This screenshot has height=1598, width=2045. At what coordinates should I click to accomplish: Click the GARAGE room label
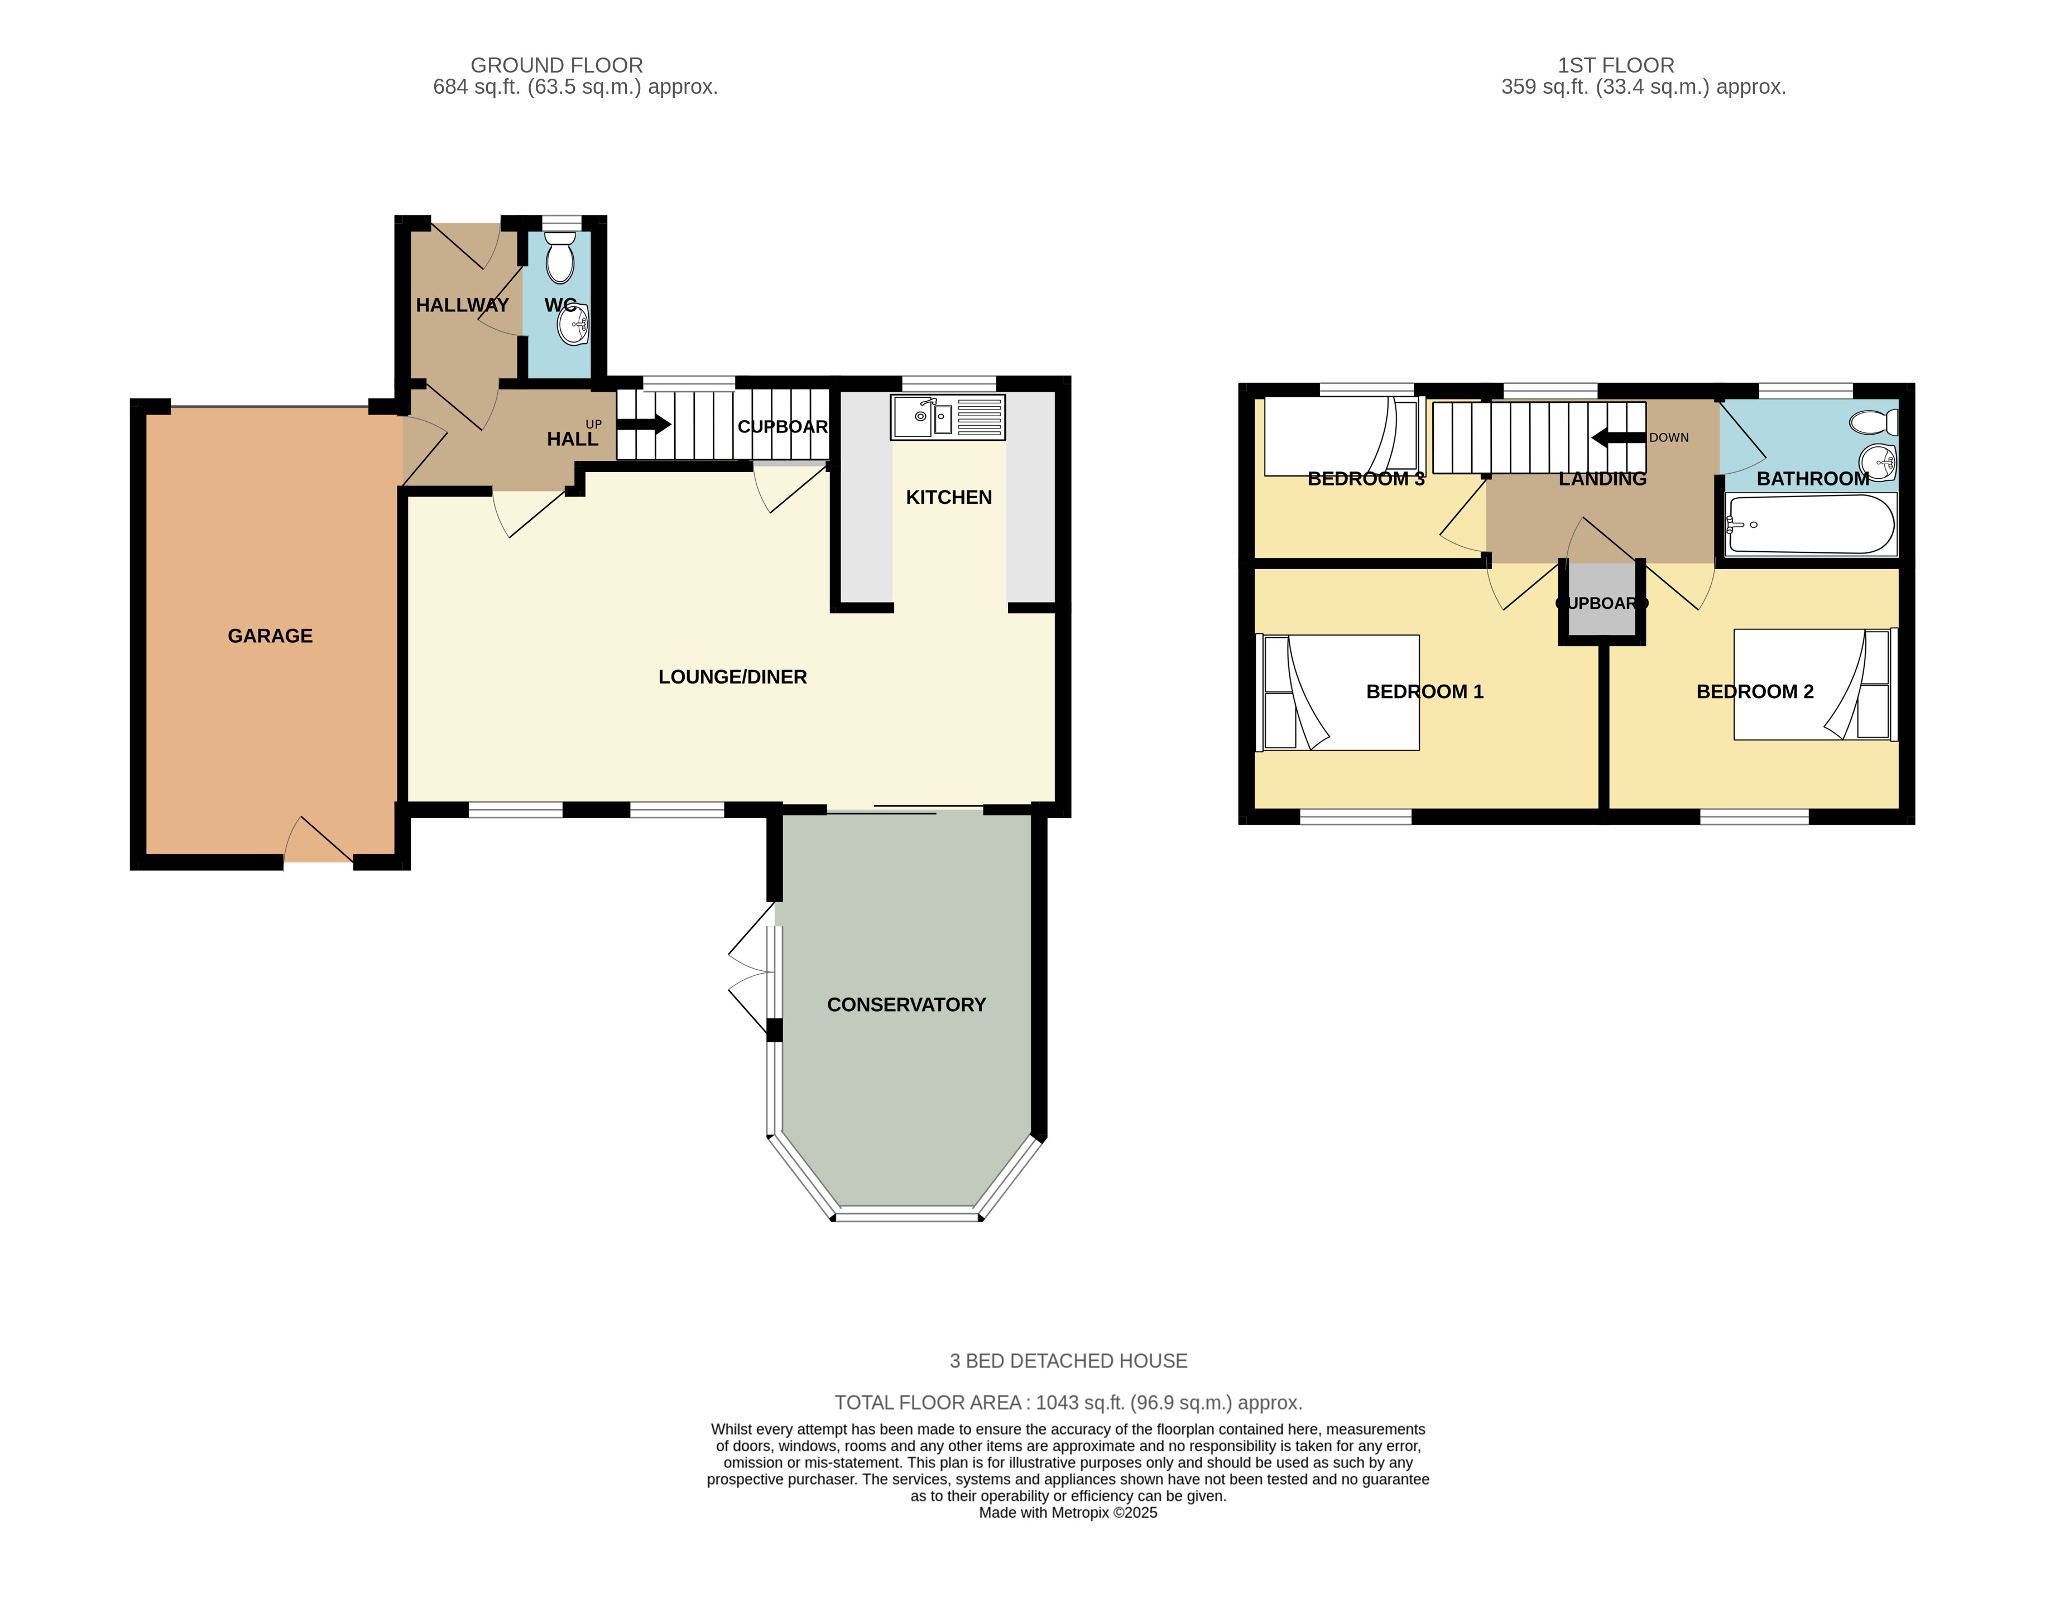tap(270, 636)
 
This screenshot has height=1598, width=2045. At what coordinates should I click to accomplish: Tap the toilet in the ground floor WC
tap(560, 257)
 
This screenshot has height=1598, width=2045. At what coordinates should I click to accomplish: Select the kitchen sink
tap(948, 417)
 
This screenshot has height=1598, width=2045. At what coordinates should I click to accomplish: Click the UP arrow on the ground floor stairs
tap(644, 424)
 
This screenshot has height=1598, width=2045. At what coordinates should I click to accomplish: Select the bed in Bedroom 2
tap(1814, 684)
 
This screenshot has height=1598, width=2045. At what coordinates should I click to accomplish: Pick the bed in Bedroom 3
tap(1343, 436)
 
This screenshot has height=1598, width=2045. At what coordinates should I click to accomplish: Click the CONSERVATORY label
tap(906, 1004)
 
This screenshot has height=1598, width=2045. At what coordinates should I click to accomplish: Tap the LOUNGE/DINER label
tap(732, 677)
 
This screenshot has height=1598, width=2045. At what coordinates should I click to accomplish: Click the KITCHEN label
tap(948, 497)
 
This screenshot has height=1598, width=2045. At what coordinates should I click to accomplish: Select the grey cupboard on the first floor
tap(1601, 604)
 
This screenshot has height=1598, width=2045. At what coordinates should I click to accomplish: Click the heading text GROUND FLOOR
tap(556, 65)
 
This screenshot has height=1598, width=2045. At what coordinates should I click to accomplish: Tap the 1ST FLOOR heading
tap(1616, 65)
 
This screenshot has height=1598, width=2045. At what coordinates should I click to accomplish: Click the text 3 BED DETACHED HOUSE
tap(1068, 1361)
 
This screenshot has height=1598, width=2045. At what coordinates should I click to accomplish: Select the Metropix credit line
tap(1068, 1513)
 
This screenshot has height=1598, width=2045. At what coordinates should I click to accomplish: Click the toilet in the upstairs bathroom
tap(1875, 423)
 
